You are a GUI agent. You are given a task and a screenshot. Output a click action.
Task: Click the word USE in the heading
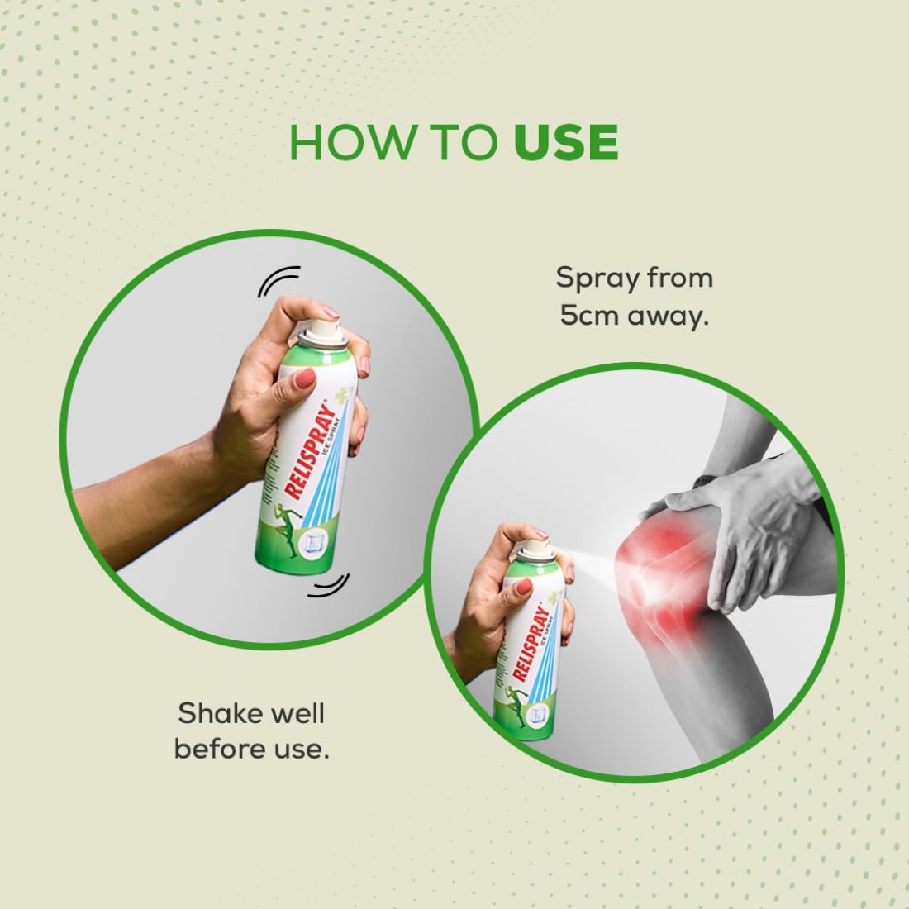(566, 142)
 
